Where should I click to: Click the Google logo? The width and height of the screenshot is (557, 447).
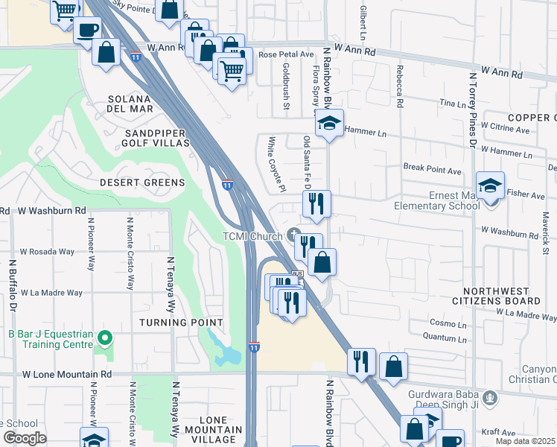point(24,438)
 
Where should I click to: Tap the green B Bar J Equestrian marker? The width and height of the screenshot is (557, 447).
point(105,339)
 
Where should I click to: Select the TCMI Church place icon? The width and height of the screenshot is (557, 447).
point(294,235)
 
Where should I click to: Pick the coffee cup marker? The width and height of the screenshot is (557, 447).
point(88,30)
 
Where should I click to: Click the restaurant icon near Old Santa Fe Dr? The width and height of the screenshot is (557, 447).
point(316,203)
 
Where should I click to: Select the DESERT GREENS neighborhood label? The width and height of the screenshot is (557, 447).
point(142,183)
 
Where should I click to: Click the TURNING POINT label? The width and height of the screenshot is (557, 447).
point(181,323)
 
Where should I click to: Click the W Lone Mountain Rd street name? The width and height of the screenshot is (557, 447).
point(66,374)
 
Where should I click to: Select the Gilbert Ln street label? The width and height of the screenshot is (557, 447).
point(363,24)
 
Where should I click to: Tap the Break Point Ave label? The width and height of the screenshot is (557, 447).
point(432,170)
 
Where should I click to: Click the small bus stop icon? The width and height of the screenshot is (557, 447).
point(297,274)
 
